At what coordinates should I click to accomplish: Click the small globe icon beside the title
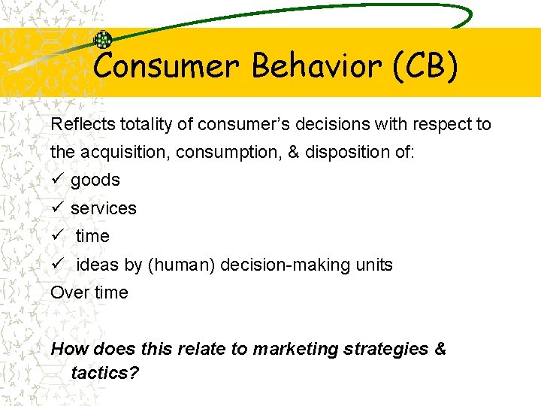point(102,41)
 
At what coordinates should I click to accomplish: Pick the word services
point(104,208)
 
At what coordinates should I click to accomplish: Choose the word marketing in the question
point(290,349)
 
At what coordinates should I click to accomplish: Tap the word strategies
point(382,349)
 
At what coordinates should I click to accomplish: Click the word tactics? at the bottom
point(104,373)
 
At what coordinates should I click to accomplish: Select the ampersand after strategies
point(440,349)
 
